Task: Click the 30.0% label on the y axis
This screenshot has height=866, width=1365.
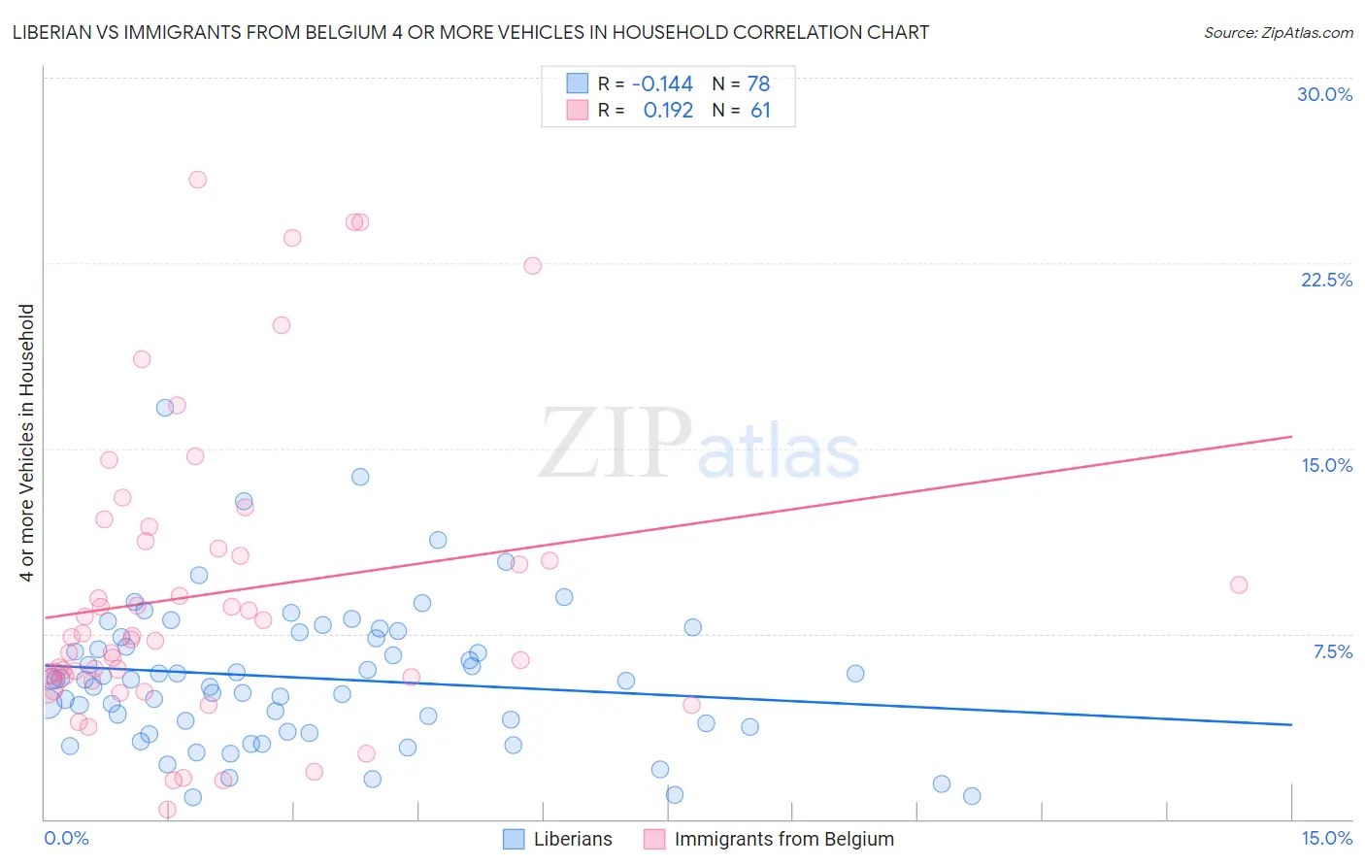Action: pos(1324,94)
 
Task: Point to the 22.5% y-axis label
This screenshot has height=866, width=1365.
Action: pos(1326,280)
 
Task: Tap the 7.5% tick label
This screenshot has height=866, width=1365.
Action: pos(1332,651)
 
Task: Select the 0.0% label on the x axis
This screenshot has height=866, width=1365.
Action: pos(66,838)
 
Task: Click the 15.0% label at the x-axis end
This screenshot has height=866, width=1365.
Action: pos(1326,838)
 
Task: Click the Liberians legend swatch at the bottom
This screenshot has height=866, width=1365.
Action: pos(514,839)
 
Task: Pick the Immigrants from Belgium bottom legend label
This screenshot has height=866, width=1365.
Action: pos(783,839)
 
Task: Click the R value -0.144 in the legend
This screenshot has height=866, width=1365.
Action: pos(662,83)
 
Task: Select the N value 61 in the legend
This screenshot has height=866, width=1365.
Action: pos(760,111)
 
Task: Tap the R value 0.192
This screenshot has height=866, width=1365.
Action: pos(668,111)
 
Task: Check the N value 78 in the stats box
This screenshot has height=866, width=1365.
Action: pos(758,83)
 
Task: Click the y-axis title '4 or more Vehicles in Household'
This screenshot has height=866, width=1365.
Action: pos(26,443)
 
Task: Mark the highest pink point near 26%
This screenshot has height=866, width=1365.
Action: pos(197,180)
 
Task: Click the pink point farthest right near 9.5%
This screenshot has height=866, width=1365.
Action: pos(1238,584)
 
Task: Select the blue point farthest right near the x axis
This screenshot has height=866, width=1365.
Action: pos(971,796)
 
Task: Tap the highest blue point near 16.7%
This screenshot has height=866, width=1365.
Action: pos(165,408)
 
